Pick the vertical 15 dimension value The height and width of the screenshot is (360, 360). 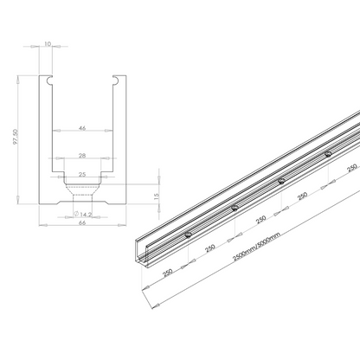157,196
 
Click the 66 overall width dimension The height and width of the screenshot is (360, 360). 82,222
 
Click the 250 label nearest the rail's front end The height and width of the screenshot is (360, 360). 168,271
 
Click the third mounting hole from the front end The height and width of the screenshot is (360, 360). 281,181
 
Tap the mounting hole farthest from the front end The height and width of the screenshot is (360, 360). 327,154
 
